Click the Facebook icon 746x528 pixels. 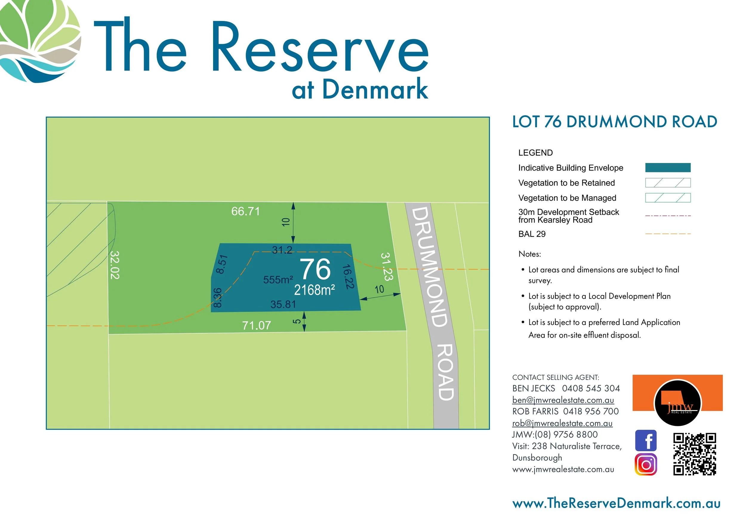pos(646,440)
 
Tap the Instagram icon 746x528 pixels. pos(646,465)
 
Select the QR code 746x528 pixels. pos(694,454)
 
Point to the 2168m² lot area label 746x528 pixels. pos(314,290)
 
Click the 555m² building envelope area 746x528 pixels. pos(278,280)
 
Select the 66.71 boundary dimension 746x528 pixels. pos(246,211)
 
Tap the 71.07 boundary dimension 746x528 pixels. pos(256,326)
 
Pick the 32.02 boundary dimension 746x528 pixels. pos(115,265)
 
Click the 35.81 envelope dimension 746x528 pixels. pos(283,304)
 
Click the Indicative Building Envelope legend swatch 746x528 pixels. pos(668,168)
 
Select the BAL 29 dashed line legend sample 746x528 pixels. pos(668,234)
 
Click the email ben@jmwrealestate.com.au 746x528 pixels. pos(563,400)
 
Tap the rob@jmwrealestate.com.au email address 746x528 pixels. pos(562,423)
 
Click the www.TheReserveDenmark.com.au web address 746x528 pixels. pos(616,503)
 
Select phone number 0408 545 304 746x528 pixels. pos(591,389)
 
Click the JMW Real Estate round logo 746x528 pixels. pos(677,403)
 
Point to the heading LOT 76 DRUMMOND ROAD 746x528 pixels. pos(614,122)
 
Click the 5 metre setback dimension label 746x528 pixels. pos(297,322)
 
